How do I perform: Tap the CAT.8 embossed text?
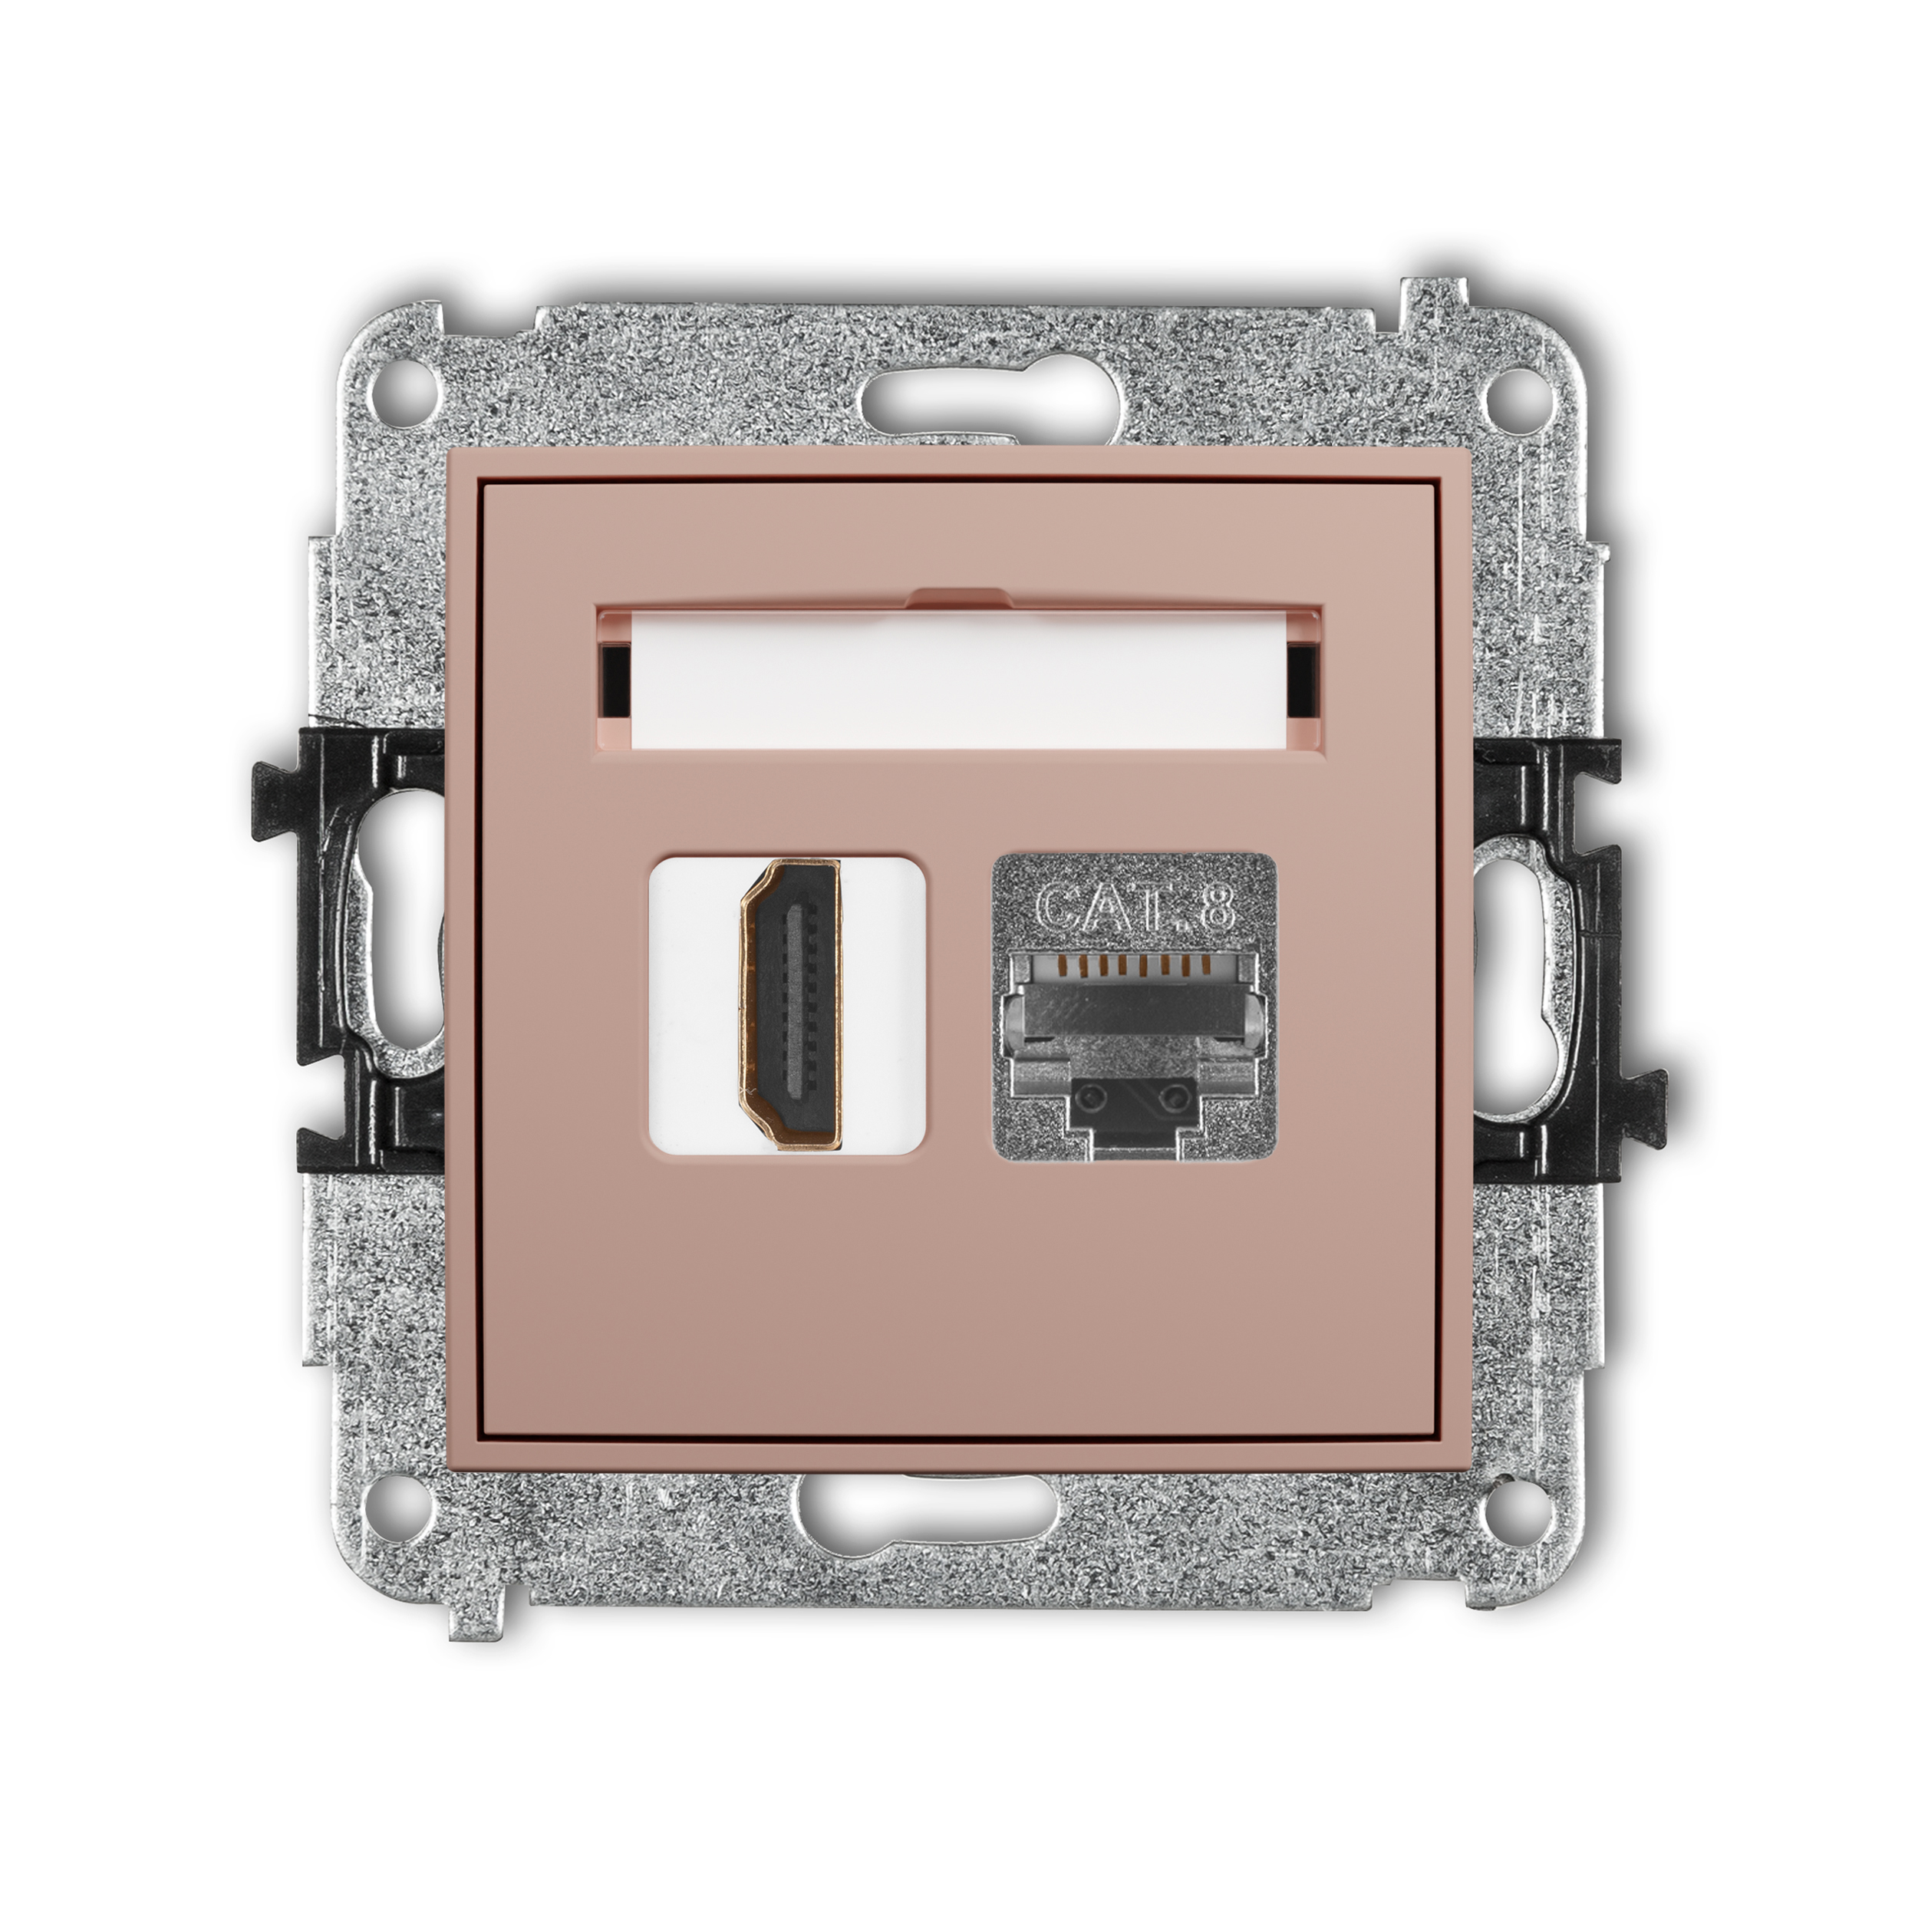pos(1135,906)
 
